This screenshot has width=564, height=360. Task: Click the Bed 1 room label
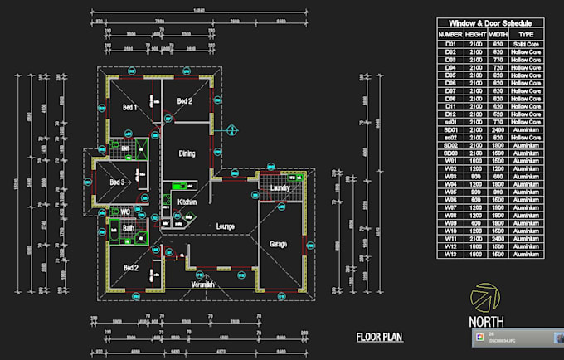[x=129, y=107]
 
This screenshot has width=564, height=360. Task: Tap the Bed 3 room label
[x=117, y=182]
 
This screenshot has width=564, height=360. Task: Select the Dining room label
[x=187, y=153]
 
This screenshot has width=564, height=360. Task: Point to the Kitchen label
[x=184, y=202]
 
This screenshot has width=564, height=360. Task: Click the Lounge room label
[x=226, y=226]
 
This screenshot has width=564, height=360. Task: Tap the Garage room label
[x=278, y=243]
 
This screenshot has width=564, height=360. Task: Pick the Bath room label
[x=129, y=227]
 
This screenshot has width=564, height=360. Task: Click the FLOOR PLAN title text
[x=379, y=337]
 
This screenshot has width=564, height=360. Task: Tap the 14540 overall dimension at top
[x=199, y=10]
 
